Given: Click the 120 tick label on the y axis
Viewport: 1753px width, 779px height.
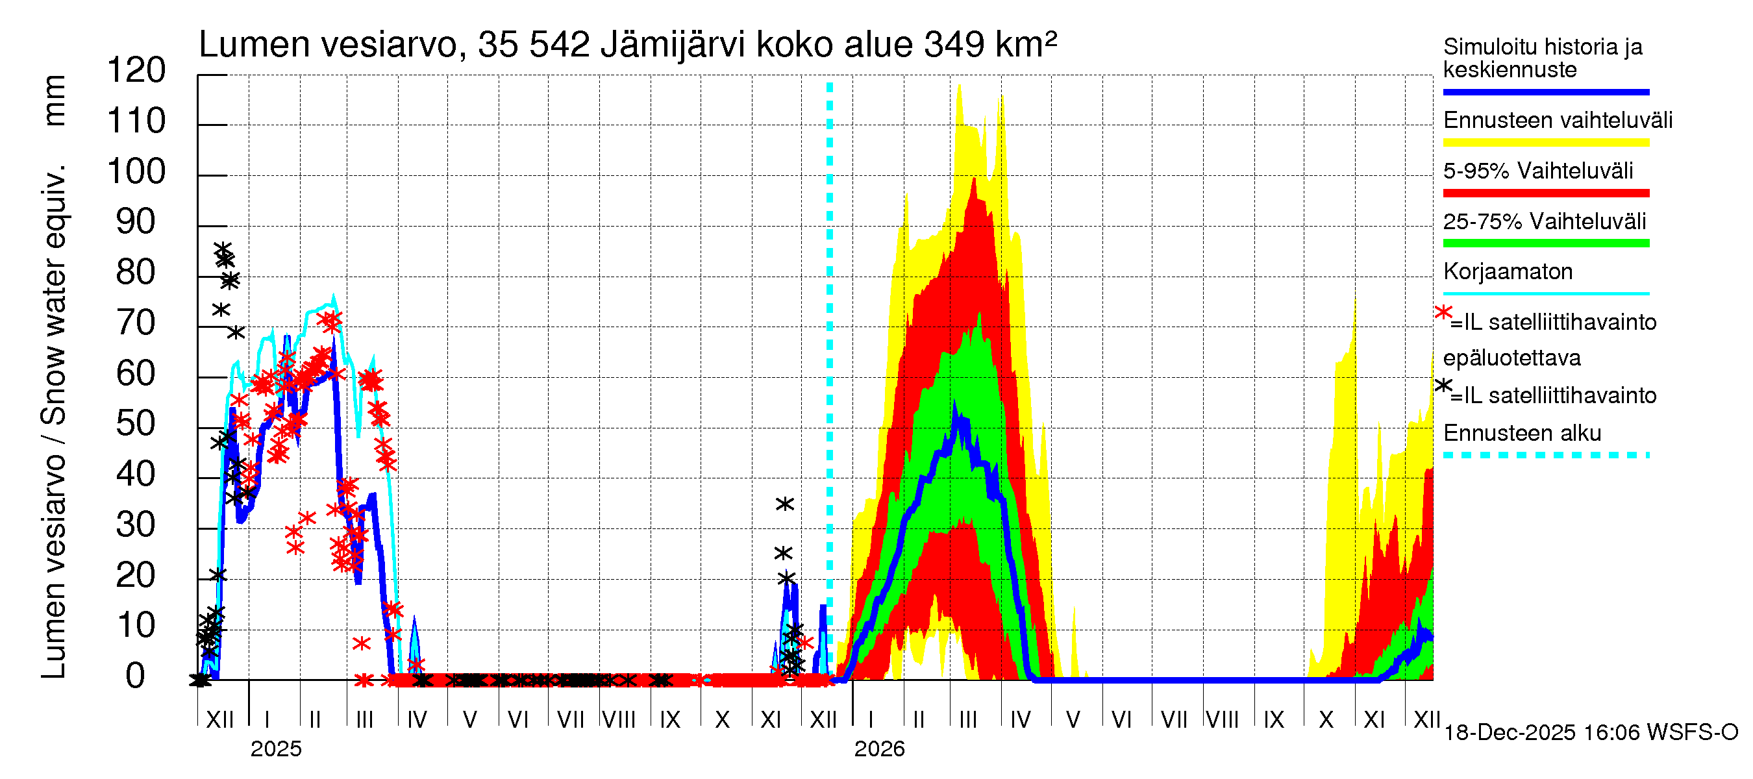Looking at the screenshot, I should click(136, 71).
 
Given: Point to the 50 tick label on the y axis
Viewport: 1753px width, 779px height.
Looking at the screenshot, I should click(136, 424).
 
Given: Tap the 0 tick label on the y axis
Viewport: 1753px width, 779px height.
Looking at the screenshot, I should click(136, 676).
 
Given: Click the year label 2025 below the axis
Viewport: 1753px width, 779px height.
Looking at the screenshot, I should click(275, 749).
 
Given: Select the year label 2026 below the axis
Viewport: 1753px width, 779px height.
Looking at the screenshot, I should click(879, 749).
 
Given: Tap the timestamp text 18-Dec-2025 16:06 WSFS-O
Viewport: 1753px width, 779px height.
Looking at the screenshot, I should click(1590, 733).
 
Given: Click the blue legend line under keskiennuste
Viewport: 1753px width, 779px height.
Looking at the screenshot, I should click(1545, 92).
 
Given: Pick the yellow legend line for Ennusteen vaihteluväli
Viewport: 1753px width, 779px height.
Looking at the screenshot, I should click(1545, 143).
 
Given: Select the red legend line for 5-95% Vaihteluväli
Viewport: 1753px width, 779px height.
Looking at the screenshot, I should click(1545, 193).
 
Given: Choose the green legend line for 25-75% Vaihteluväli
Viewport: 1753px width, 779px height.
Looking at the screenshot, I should click(1545, 243).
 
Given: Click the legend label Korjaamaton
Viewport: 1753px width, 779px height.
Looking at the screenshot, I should click(1508, 271).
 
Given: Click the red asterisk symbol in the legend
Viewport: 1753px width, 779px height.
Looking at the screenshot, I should click(1443, 312).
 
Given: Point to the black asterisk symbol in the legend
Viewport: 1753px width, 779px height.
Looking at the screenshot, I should click(1443, 386).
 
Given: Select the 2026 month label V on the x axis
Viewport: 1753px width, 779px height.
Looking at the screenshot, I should click(1073, 720).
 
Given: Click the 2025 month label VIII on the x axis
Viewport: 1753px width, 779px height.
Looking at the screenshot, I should click(619, 720).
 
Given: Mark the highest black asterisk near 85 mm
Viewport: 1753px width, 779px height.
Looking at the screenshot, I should click(223, 249).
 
